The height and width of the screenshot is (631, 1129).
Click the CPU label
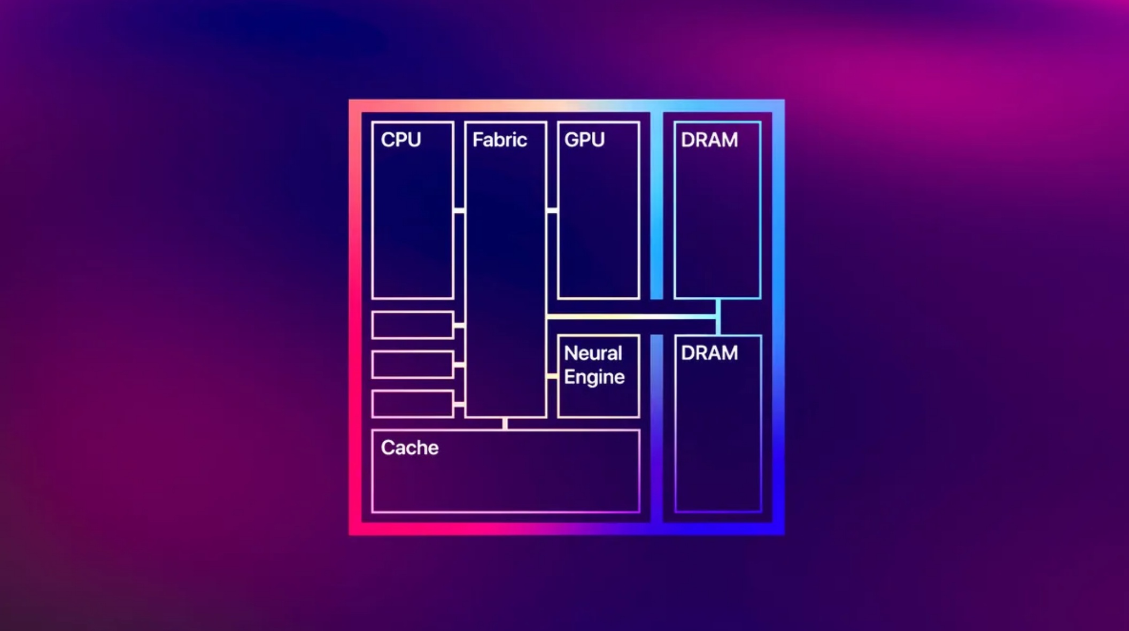(401, 140)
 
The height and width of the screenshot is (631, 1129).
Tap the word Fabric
(499, 140)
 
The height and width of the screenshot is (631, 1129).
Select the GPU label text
(584, 140)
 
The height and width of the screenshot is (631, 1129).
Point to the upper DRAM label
(709, 140)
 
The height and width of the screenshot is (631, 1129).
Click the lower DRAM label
(709, 353)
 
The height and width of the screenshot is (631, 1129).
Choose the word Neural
(593, 353)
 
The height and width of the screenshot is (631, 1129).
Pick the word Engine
(594, 377)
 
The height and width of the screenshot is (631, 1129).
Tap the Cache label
(409, 448)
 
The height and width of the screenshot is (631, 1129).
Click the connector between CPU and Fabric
(459, 211)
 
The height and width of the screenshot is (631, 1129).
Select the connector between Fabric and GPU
(552, 211)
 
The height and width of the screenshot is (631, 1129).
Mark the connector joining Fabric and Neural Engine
(552, 376)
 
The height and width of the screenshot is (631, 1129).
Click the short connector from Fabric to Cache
(505, 424)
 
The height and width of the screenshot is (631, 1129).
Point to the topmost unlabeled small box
(413, 325)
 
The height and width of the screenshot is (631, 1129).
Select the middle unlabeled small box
(413, 365)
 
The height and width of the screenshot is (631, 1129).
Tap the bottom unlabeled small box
(413, 404)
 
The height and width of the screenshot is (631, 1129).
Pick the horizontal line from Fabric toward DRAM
(631, 317)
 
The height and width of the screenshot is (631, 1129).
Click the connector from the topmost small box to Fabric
(459, 325)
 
